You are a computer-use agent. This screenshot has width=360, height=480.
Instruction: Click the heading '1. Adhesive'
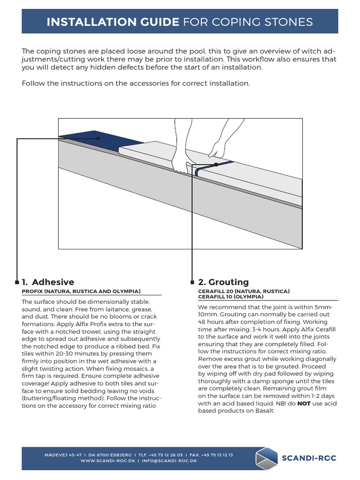coord(48,282)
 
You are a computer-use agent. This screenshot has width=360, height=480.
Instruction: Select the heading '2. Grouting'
coord(223,282)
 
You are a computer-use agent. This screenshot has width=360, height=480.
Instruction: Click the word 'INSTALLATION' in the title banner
coord(112,22)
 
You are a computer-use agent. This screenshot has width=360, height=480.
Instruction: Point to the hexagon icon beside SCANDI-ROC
coord(266,458)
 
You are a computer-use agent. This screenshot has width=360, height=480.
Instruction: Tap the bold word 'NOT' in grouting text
coord(304,404)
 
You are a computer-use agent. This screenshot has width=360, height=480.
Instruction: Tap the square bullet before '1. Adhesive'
coord(17,282)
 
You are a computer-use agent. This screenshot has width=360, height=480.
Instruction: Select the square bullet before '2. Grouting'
coord(192,282)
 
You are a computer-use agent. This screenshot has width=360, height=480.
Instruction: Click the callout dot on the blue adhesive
coord(98,139)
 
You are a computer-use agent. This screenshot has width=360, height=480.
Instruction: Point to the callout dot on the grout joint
coord(216,165)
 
